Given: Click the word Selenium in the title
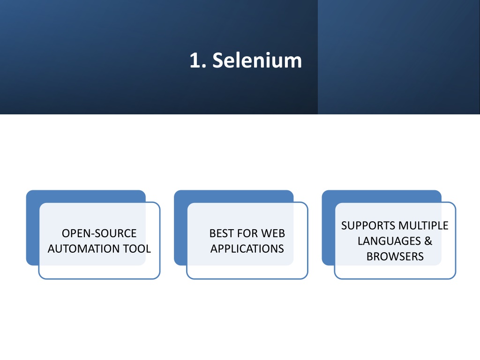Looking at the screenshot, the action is point(257,60).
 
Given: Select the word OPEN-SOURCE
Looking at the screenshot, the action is point(99,233).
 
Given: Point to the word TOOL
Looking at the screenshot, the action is point(137,248).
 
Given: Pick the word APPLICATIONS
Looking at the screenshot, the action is point(247,248).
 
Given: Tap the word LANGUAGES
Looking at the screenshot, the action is point(389,241).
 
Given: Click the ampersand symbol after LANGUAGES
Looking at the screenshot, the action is point(428,241).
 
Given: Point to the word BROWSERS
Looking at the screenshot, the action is point(395,256).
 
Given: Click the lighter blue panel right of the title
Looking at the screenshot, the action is point(399,57).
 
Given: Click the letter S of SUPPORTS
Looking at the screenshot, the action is point(345,225).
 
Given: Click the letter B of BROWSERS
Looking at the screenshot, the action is point(370,256).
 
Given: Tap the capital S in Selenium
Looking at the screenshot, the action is point(218,60).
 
